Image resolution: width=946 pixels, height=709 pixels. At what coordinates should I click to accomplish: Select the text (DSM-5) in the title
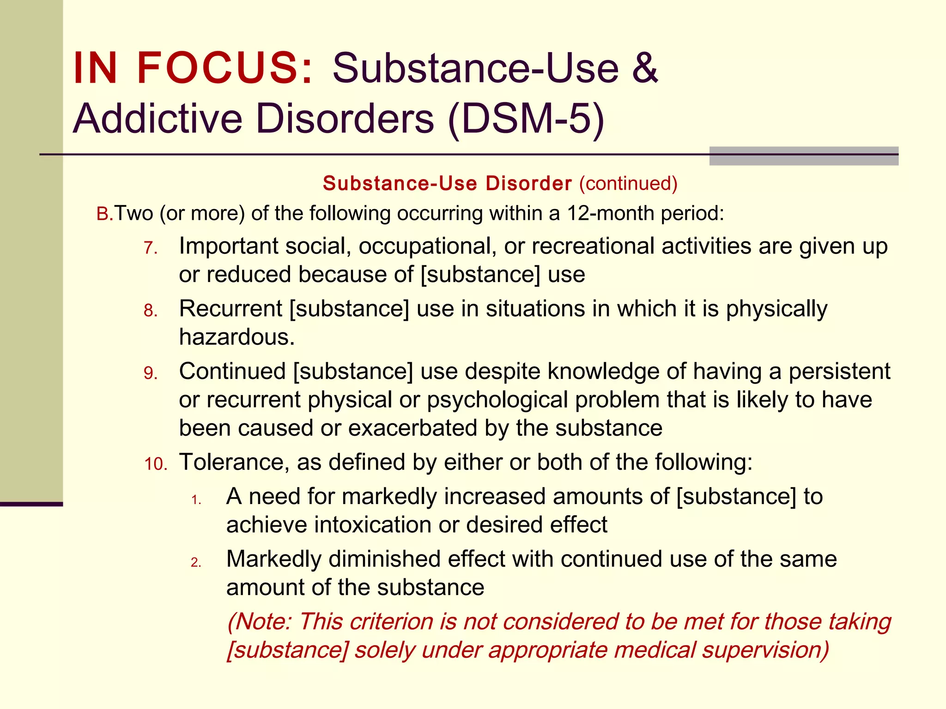526,119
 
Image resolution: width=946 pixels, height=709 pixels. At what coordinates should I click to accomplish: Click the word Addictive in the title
158,119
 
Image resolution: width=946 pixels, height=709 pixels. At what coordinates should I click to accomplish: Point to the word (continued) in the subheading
628,184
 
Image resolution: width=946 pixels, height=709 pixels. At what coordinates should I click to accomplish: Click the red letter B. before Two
104,214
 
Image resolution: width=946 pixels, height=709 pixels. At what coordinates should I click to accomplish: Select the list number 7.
151,249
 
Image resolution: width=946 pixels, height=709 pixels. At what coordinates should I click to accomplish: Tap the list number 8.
151,311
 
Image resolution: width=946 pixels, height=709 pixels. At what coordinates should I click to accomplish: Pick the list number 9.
151,373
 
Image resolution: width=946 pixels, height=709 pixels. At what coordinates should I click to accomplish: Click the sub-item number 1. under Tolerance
196,500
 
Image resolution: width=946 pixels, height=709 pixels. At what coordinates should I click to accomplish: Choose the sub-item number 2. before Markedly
196,562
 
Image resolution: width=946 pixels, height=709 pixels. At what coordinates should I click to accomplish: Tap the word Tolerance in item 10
234,462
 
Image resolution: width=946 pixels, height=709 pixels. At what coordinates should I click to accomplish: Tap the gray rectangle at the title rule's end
803,156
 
